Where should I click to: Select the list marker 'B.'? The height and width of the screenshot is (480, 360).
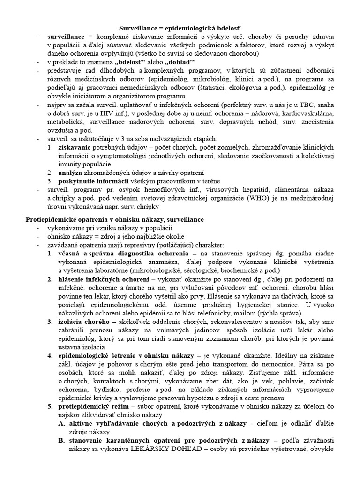[x=62, y=441]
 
